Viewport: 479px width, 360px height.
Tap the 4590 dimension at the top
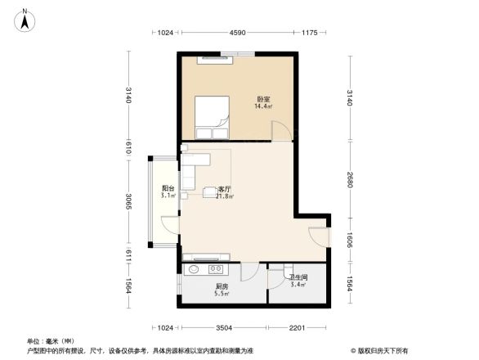pos(238,33)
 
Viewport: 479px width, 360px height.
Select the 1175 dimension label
pos(309,33)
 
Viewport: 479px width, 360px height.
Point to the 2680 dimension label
pos(349,179)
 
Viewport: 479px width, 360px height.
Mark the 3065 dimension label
pos(129,200)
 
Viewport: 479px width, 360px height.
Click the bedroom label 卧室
pos(262,100)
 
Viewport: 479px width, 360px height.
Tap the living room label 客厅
pos(222,189)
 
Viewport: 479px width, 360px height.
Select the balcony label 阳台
pos(167,189)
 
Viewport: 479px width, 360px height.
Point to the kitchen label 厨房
pos(221,286)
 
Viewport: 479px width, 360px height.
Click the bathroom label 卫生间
pos(298,277)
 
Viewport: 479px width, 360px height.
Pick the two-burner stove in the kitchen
pos(217,268)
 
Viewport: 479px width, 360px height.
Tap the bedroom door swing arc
pos(280,129)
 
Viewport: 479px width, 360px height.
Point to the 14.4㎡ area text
pos(262,107)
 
